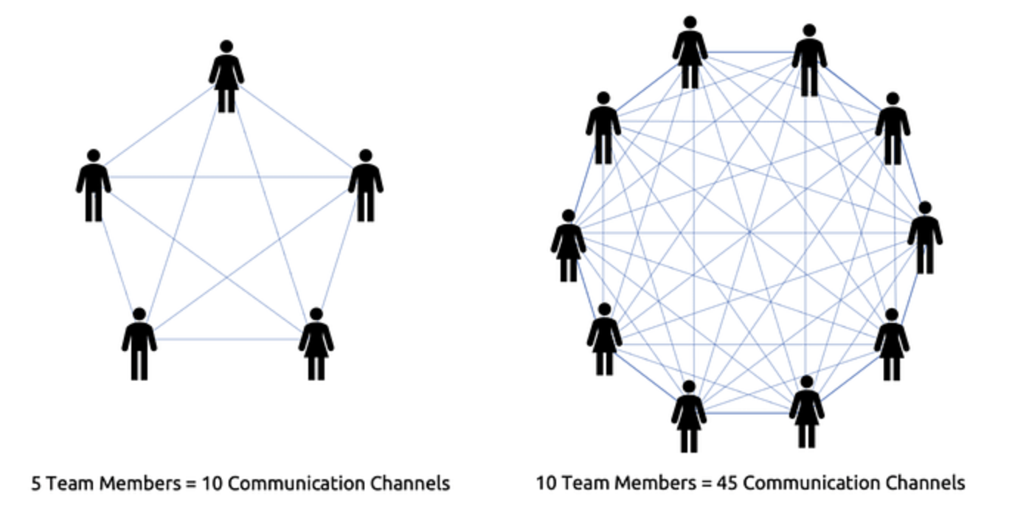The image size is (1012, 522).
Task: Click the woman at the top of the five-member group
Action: (x=226, y=77)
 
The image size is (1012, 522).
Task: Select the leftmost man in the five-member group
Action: (x=94, y=186)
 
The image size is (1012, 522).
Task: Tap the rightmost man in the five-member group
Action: (x=365, y=186)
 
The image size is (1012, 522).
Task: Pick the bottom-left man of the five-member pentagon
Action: (x=139, y=344)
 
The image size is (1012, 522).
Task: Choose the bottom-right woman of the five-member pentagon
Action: (x=316, y=344)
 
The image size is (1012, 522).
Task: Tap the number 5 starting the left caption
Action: (x=35, y=484)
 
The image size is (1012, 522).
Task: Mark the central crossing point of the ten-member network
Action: (x=749, y=233)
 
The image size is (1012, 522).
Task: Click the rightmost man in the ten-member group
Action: (x=925, y=237)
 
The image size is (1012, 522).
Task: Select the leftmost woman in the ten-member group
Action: (x=568, y=246)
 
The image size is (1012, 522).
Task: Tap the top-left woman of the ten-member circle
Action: (x=690, y=53)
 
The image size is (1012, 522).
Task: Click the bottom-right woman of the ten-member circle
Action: (x=807, y=412)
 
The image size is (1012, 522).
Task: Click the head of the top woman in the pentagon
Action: (x=226, y=46)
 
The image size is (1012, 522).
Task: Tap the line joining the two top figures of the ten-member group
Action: (x=749, y=52)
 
